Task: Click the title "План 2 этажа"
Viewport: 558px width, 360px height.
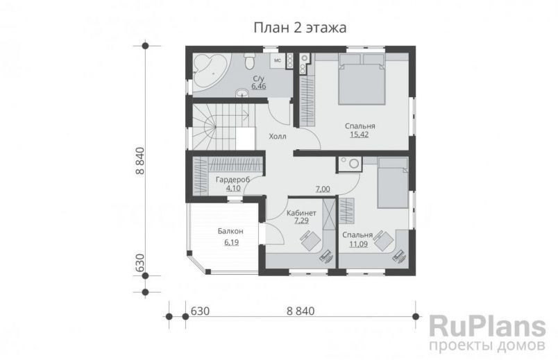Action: (x=299, y=27)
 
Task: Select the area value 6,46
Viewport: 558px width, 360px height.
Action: (x=258, y=87)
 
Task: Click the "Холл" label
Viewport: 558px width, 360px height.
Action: (x=277, y=136)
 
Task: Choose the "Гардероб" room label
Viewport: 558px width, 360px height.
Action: (x=230, y=180)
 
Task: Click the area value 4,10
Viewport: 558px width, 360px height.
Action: (x=231, y=187)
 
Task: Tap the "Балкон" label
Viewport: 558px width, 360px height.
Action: (x=230, y=232)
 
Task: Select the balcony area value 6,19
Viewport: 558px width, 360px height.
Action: (x=231, y=242)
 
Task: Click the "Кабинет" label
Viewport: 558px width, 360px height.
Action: (x=301, y=213)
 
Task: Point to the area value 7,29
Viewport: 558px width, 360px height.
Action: (x=302, y=221)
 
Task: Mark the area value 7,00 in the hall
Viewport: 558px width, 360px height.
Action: (x=323, y=189)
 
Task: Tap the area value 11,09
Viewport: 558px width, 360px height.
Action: (x=358, y=244)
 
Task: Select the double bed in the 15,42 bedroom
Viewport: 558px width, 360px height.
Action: (x=362, y=82)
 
